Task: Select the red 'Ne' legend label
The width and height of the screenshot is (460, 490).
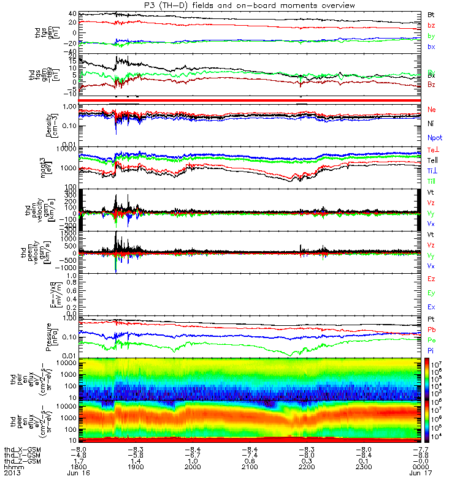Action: [431, 109]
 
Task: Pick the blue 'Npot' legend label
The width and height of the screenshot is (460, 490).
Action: [435, 138]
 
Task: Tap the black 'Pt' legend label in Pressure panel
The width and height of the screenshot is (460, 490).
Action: [431, 320]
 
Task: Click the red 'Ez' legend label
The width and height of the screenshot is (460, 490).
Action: [431, 279]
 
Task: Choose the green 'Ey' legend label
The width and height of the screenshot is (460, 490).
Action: [431, 292]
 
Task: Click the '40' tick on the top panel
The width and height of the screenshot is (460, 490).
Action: [72, 13]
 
